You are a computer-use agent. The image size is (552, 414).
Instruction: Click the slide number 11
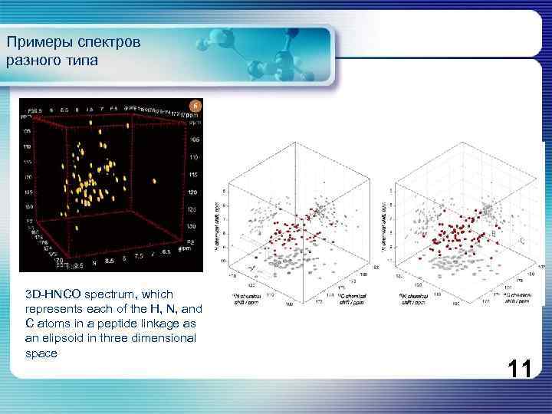click(x=519, y=370)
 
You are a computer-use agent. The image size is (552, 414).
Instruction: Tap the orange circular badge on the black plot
click(x=195, y=105)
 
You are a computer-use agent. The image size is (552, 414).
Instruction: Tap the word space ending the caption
click(x=41, y=353)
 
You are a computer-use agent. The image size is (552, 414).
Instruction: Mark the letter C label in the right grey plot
click(x=522, y=242)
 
